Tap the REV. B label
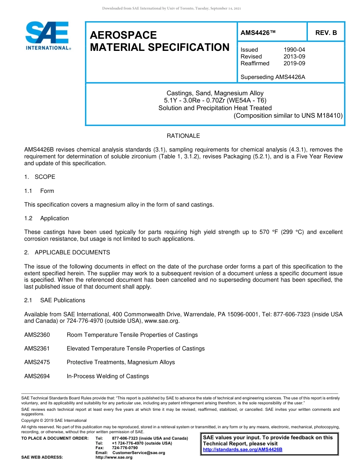(326, 33)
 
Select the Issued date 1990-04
(294, 50)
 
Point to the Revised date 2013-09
(294, 57)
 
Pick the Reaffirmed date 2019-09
(294, 63)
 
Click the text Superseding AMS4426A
(273, 77)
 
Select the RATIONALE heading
(183, 136)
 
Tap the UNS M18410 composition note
(288, 115)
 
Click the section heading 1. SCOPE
(40, 177)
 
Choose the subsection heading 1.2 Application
(47, 218)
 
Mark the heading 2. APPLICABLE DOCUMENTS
(67, 252)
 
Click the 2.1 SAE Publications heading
(55, 300)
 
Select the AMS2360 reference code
(37, 335)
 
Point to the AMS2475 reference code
(37, 362)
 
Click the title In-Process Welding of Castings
(108, 376)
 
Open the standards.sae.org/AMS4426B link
(242, 450)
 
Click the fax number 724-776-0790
(125, 448)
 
